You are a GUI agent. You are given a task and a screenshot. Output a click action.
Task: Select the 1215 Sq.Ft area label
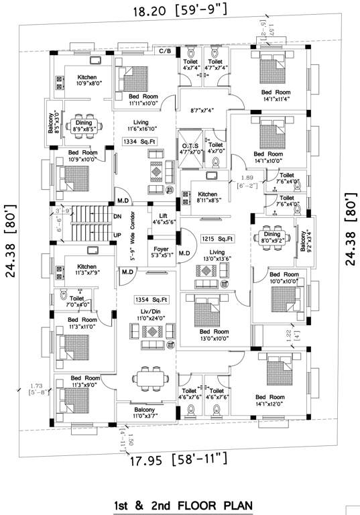pyautogui.click(x=217, y=238)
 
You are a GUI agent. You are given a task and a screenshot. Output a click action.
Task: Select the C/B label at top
pyautogui.click(x=165, y=51)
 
